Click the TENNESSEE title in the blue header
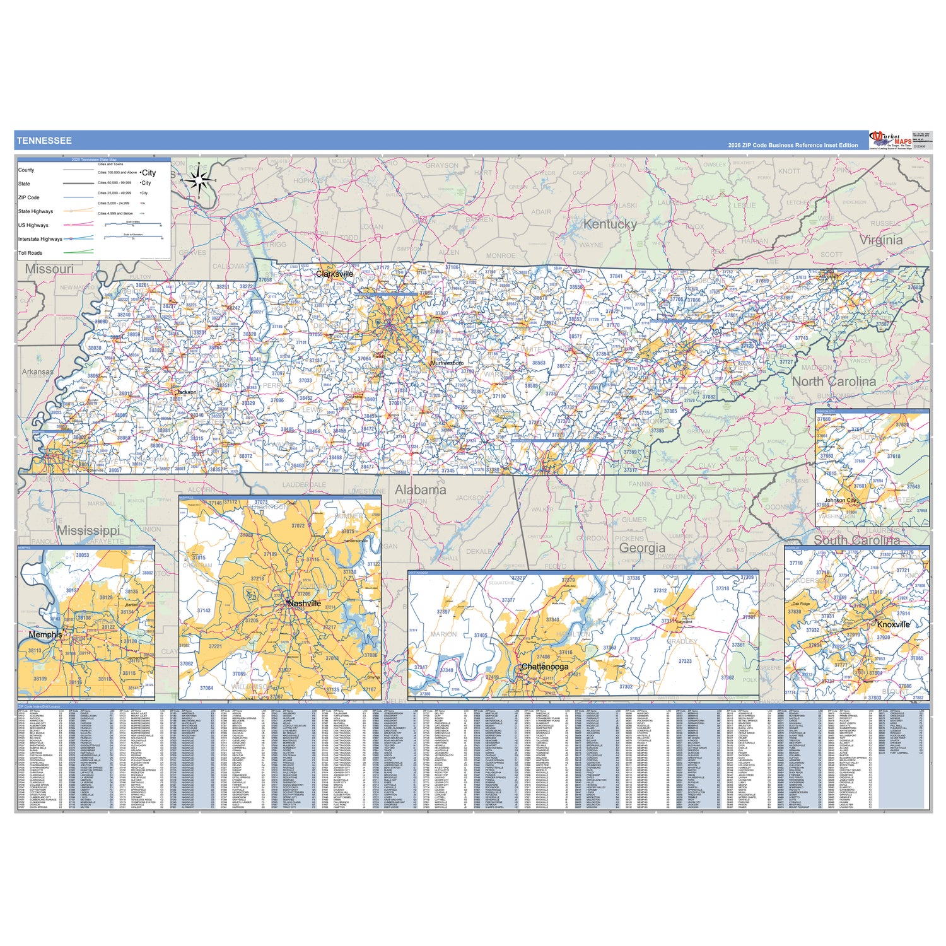44,141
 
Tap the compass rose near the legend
199,181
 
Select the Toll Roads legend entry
30,253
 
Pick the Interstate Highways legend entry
40,239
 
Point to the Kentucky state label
609,224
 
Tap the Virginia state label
881,240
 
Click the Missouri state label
49,269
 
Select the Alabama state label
420,489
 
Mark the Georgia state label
642,547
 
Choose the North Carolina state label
834,382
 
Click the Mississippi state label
88,530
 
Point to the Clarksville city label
334,274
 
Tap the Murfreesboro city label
447,363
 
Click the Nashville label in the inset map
304,604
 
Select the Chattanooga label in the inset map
544,667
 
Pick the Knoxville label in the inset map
893,624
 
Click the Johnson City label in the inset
841,500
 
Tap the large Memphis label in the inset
45,634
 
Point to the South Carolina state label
856,540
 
